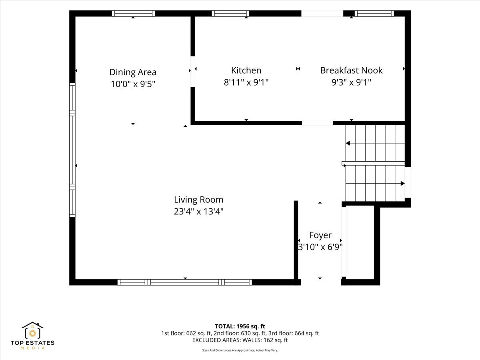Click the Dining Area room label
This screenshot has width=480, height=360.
tap(133, 72)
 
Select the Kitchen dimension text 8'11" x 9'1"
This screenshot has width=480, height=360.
tap(246, 82)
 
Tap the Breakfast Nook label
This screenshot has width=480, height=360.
tap(352, 70)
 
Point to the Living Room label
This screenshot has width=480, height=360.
tap(198, 200)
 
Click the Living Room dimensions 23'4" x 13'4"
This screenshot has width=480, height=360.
tap(198, 211)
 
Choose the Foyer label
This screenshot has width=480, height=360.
tap(320, 235)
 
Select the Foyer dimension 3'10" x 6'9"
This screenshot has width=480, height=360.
tap(320, 247)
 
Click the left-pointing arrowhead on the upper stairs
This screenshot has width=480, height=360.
tap(348, 143)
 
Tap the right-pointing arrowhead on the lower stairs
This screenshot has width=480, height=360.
tap(402, 183)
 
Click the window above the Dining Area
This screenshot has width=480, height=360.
tap(133, 14)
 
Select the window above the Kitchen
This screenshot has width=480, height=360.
tap(230, 14)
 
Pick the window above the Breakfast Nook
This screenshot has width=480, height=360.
tap(374, 14)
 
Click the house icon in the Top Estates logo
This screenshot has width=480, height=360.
tap(32, 330)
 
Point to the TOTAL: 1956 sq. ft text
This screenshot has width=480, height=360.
tap(240, 326)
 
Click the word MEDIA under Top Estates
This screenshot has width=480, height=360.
tap(32, 348)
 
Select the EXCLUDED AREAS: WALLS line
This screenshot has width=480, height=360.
tap(240, 340)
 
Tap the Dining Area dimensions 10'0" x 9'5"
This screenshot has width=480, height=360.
tap(133, 84)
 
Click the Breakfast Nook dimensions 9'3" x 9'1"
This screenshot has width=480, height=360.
tap(352, 82)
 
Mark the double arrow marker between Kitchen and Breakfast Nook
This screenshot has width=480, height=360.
tap(298, 69)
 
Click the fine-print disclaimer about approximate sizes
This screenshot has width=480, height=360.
tap(240, 350)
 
